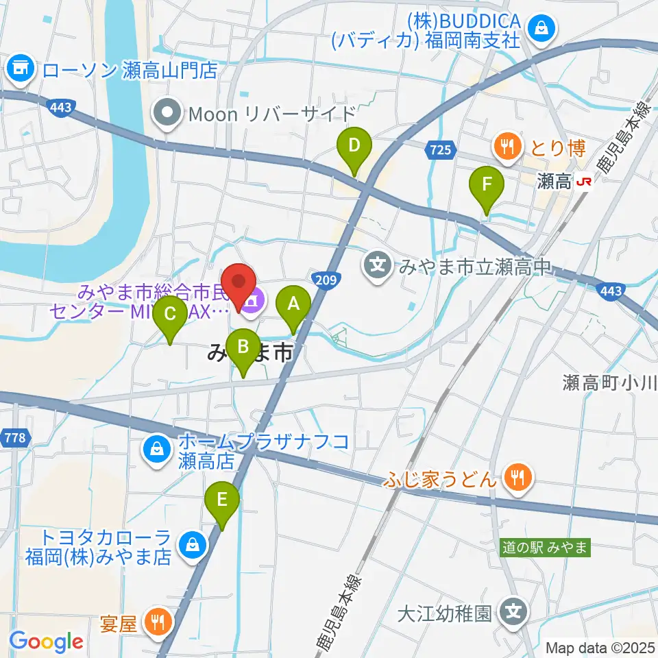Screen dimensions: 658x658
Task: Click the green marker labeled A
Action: pos(293,302)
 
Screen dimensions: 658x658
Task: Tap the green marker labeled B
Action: pos(243,346)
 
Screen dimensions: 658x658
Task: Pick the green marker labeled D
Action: pos(354,146)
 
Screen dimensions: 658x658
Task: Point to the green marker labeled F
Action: pos(487,184)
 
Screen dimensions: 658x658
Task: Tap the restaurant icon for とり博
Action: pos(507,145)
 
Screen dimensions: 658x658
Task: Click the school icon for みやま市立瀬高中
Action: pos(378,264)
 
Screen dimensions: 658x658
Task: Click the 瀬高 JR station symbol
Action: pos(585,182)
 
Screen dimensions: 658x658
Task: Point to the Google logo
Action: pos(46,642)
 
